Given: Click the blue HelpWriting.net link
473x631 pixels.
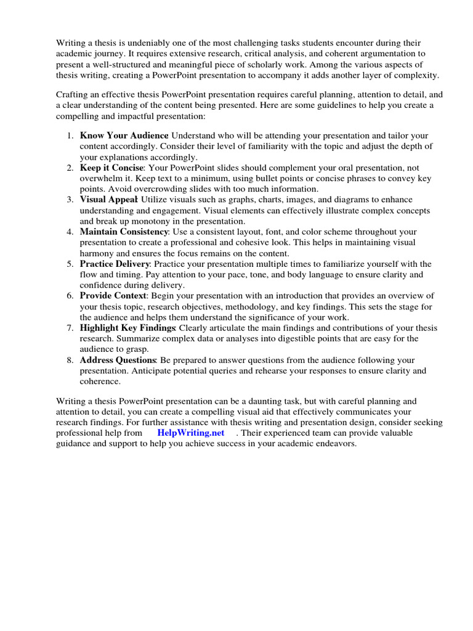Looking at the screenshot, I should pos(190,433).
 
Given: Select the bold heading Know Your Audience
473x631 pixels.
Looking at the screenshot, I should pos(124,135).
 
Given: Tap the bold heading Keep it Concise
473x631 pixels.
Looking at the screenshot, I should pos(111,167).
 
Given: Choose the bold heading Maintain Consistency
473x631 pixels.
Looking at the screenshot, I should pos(124,231).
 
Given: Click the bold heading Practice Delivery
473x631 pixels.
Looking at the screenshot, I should pos(115,263).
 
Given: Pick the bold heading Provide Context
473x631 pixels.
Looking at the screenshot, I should pos(111,295).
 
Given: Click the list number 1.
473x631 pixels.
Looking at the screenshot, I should pos(70,135).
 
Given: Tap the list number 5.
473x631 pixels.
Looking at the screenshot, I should pos(70,263).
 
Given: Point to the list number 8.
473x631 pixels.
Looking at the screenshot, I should pos(70,359).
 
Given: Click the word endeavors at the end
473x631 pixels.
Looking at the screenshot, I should pos(334,443).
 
